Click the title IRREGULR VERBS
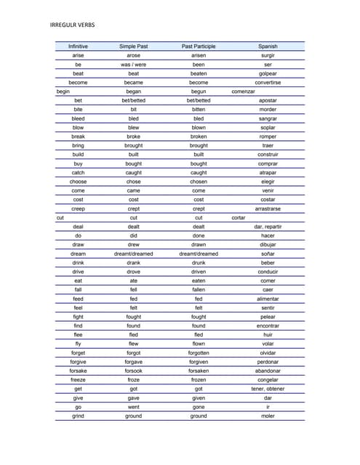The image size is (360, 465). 73,25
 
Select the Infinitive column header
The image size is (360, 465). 78,46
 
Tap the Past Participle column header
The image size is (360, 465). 199,46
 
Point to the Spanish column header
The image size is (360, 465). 268,46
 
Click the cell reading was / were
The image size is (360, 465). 134,65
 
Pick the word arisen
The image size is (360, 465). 199,55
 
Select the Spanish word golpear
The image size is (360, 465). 268,73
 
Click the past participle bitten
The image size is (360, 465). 199,110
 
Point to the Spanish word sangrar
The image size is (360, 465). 268,118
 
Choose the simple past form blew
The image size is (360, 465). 134,128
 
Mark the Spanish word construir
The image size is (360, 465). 268,155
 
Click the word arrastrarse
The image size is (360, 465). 268,209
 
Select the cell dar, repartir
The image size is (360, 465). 268,227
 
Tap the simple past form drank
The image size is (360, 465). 134,263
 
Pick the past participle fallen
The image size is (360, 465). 199,290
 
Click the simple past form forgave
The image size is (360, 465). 134,362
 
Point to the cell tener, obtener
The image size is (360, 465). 268,389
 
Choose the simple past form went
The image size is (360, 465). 134,407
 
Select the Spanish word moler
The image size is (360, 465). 268,416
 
